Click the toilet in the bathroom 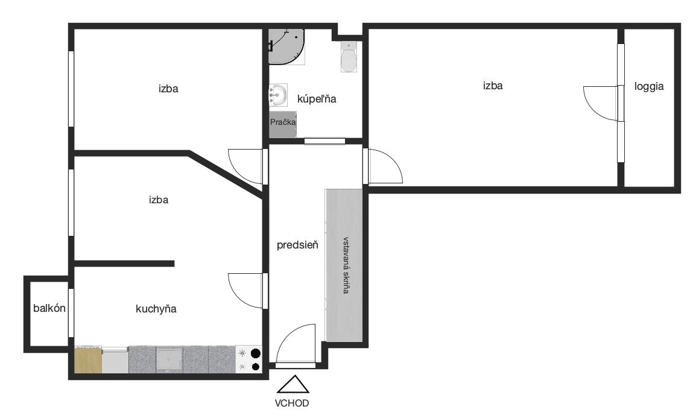(x=349, y=57)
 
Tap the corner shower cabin (x=286, y=46)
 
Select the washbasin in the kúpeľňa (x=278, y=95)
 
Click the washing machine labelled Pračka (x=283, y=124)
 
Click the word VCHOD (x=292, y=404)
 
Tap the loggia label (x=649, y=86)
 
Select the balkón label (x=49, y=308)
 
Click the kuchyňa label (x=156, y=309)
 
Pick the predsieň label (x=297, y=245)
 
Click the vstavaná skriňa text (x=346, y=265)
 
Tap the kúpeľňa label (x=317, y=98)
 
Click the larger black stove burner (x=256, y=353)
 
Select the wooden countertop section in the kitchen (x=88, y=360)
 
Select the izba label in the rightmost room (x=493, y=86)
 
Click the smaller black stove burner (x=256, y=367)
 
